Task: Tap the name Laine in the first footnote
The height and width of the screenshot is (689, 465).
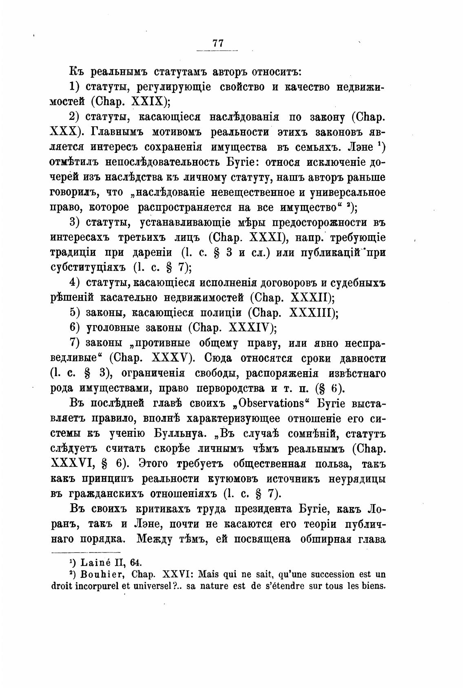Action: point(95,563)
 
